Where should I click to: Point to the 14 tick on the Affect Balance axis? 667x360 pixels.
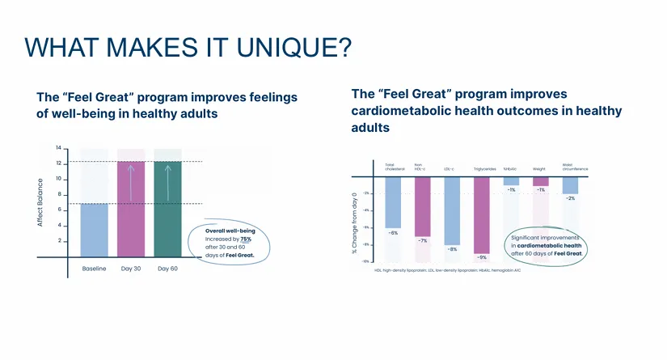pos(58,149)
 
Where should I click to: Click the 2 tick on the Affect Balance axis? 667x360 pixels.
pos(59,241)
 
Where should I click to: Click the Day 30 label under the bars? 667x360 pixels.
pos(131,269)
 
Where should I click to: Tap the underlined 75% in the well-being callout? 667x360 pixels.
pos(246,239)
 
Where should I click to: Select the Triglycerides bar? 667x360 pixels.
pos(481,214)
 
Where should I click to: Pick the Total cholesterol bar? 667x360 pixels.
pos(393,202)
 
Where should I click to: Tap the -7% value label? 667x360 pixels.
pos(423,241)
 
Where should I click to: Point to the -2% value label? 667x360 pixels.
pos(571,198)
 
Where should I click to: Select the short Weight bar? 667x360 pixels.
pos(540,180)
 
